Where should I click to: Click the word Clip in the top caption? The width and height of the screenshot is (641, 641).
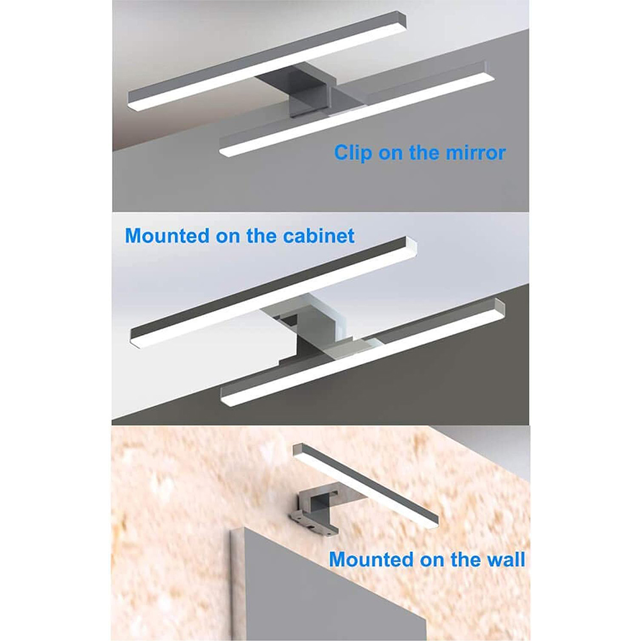click(353, 153)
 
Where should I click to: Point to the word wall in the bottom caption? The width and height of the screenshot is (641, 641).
click(506, 559)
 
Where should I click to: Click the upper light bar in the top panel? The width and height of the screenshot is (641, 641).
click(267, 60)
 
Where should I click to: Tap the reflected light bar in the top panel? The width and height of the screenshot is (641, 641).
click(356, 110)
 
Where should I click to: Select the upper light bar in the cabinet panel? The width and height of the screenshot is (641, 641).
click(273, 292)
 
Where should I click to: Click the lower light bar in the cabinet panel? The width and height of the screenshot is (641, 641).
click(363, 353)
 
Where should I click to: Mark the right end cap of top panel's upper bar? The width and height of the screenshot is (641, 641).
click(401, 20)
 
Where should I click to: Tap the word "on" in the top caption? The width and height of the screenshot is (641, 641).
click(391, 153)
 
